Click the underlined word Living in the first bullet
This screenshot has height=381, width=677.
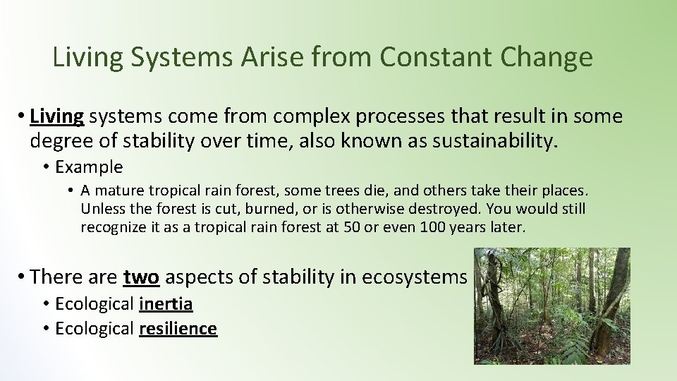[58, 116]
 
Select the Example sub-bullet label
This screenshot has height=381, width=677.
[89, 167]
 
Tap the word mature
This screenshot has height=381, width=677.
[116, 190]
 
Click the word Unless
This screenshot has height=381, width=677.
[101, 209]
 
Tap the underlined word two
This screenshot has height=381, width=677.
[140, 277]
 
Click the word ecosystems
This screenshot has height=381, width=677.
[414, 277]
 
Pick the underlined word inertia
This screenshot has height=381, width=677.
[166, 304]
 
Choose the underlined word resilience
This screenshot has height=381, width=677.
[178, 328]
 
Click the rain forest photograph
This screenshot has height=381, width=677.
[551, 306]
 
